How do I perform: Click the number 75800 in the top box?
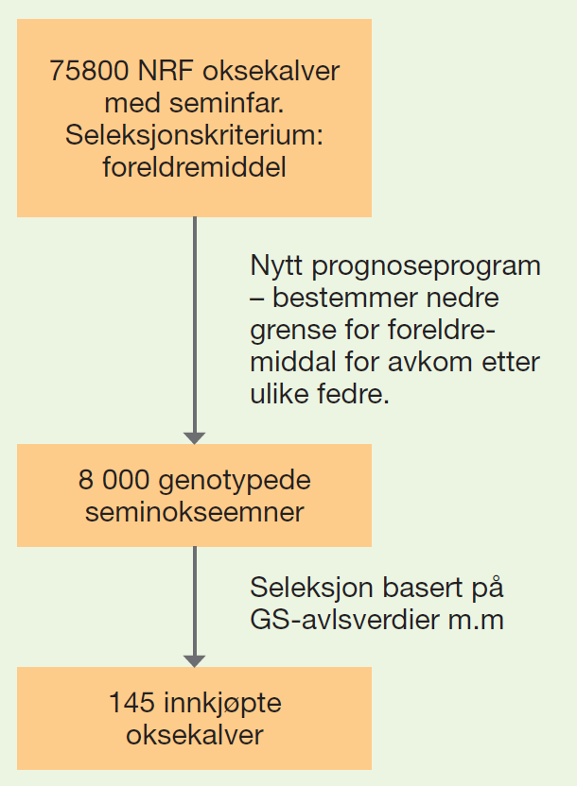pyautogui.click(x=89, y=71)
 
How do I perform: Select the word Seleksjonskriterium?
pyautogui.click(x=194, y=135)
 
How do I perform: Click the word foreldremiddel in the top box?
pyautogui.click(x=194, y=167)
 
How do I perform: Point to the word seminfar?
pyautogui.click(x=226, y=103)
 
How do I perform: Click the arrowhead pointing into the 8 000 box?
pyautogui.click(x=194, y=437)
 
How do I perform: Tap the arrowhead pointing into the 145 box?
pyautogui.click(x=194, y=660)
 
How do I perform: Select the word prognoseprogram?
pyautogui.click(x=426, y=266)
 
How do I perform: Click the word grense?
pyautogui.click(x=293, y=331)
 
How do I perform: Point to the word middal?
pyautogui.click(x=293, y=362)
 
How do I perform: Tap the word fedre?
pyautogui.click(x=353, y=394)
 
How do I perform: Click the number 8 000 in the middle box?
pyautogui.click(x=114, y=480)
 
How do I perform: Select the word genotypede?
pyautogui.click(x=235, y=481)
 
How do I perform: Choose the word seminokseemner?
pyautogui.click(x=194, y=512)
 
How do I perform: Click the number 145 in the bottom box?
pyautogui.click(x=131, y=703)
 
